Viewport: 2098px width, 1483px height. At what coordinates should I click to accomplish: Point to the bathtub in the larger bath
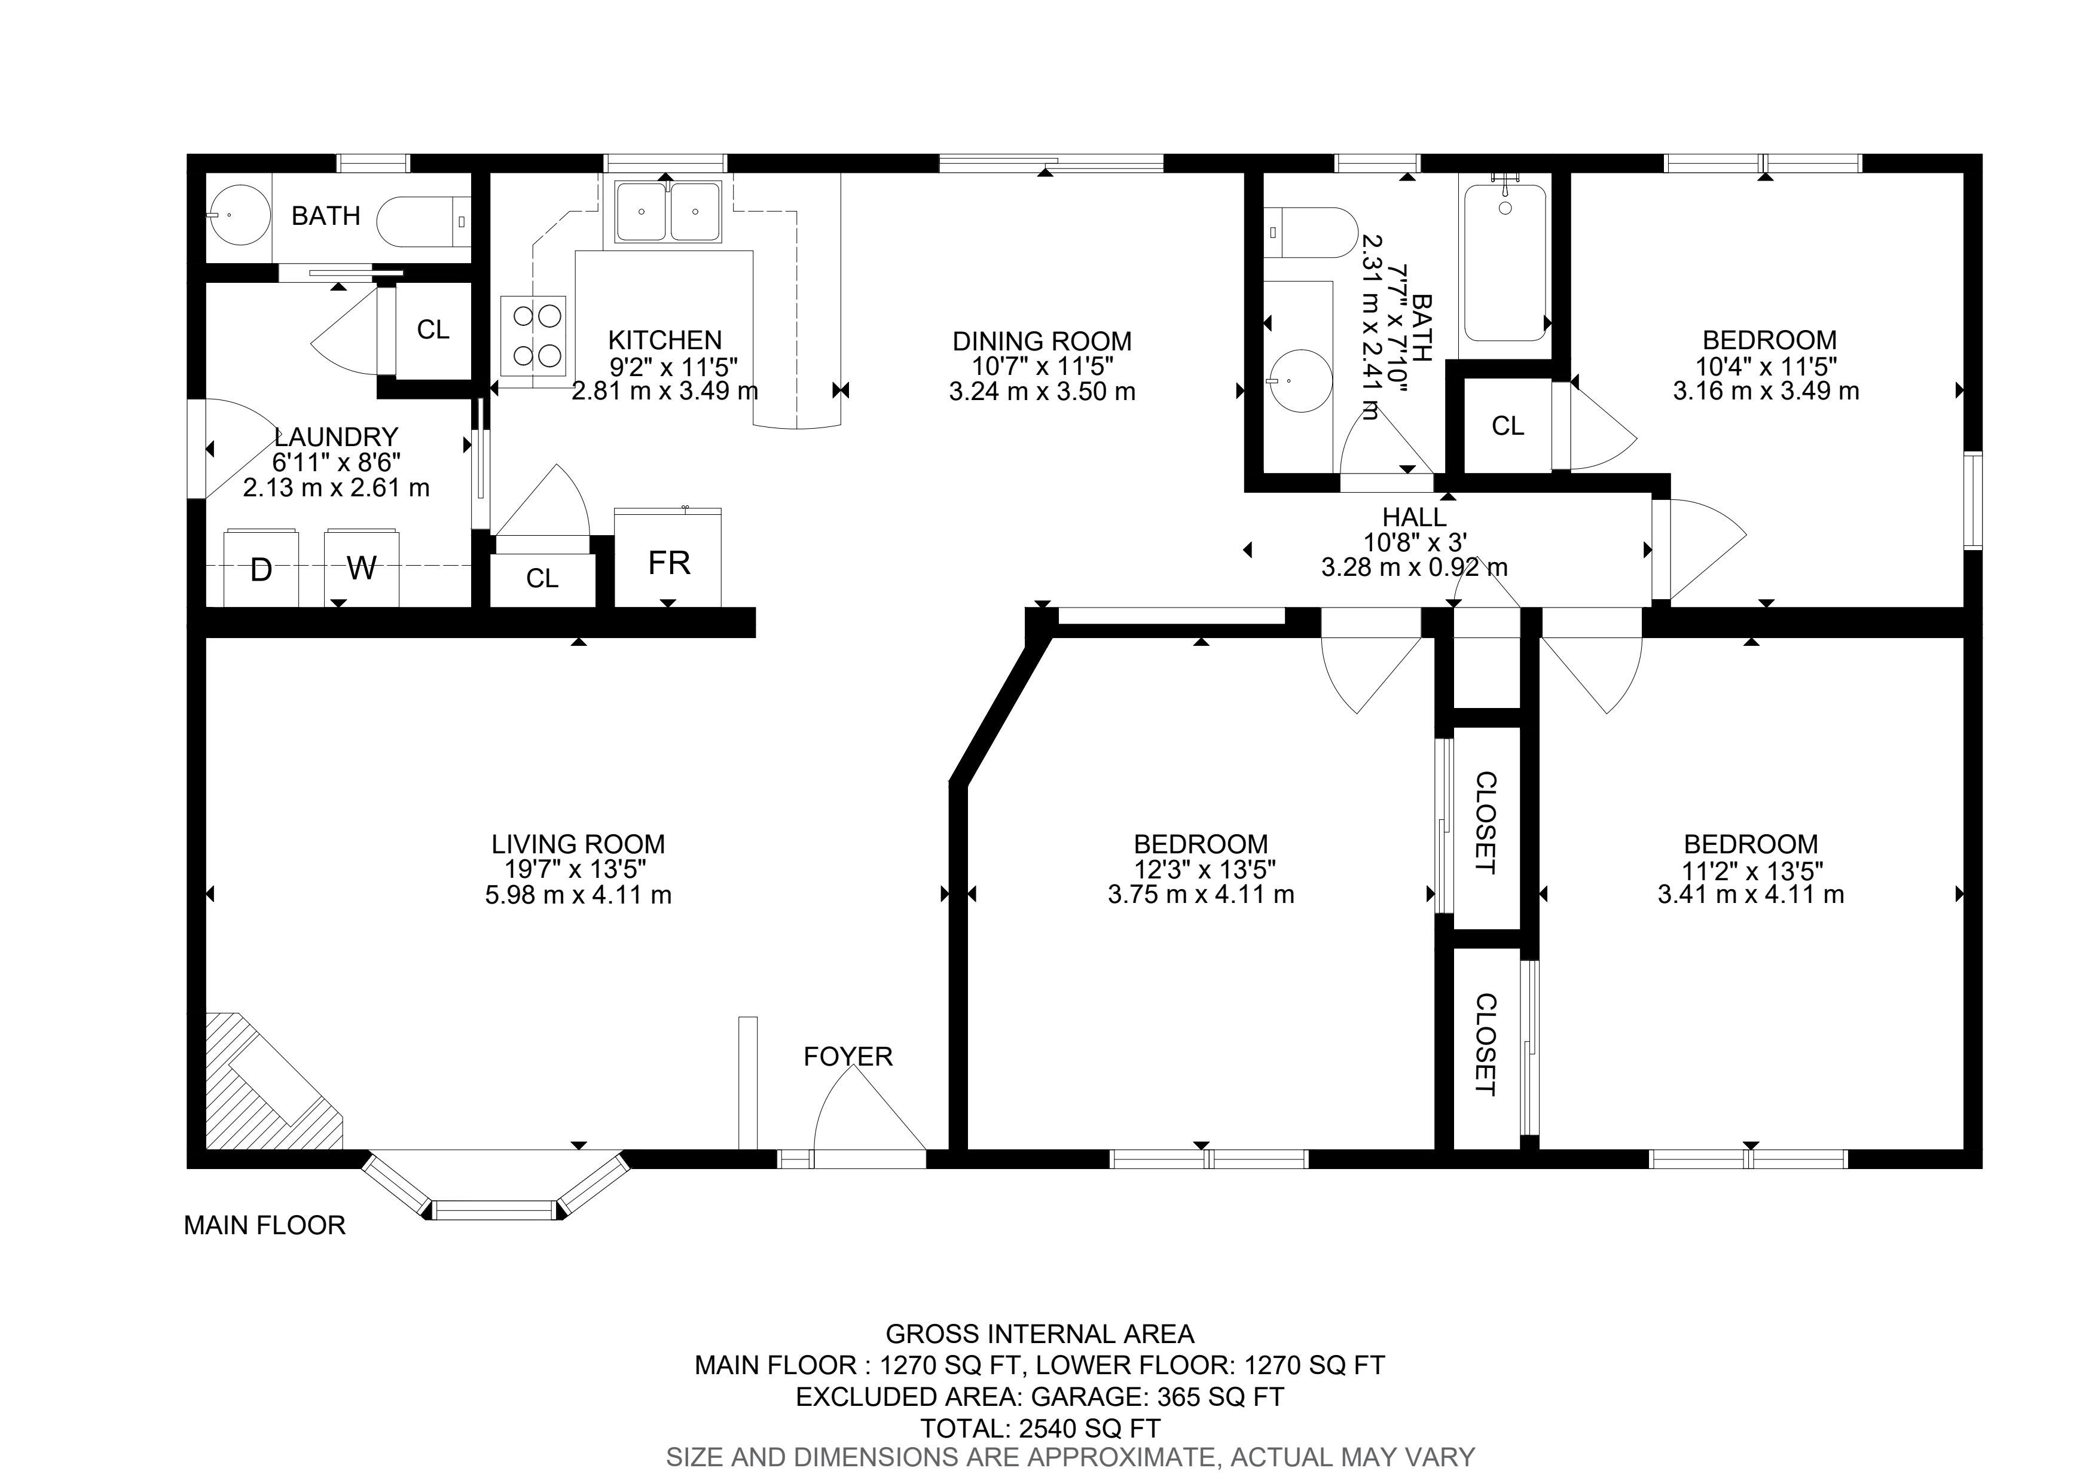tap(1505, 263)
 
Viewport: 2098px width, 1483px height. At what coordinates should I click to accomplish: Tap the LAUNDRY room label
tap(336, 437)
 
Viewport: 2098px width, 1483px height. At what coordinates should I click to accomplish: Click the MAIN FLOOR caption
tap(265, 1225)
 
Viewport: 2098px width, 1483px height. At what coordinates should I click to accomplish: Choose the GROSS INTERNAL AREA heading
tap(1040, 1335)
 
